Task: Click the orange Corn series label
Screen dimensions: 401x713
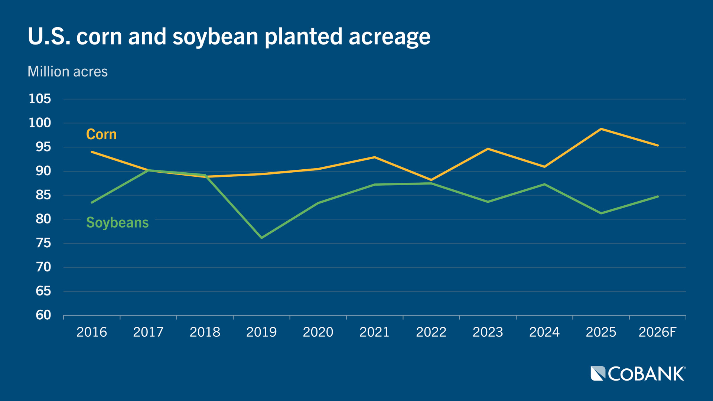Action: tap(101, 134)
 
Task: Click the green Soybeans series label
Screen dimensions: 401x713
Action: tap(117, 222)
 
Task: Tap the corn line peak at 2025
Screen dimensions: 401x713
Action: tap(601, 129)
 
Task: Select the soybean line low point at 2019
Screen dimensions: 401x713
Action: tap(261, 238)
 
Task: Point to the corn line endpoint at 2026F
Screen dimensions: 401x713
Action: tap(658, 146)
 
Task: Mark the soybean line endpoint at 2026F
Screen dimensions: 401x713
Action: tap(658, 196)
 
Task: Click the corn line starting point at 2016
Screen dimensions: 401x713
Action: tap(92, 152)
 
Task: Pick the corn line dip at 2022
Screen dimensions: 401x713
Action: tap(431, 180)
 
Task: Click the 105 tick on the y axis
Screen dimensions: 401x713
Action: tap(40, 99)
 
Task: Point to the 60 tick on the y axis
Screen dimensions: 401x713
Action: tap(43, 315)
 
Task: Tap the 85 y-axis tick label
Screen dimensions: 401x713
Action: tap(43, 195)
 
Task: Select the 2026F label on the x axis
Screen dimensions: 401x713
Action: tap(657, 332)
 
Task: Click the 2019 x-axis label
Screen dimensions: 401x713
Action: tap(261, 332)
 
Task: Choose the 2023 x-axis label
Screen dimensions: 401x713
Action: tap(488, 332)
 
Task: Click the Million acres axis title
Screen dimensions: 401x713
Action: tap(68, 71)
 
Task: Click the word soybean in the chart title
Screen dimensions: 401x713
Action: tap(215, 37)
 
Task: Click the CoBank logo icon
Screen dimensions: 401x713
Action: tap(598, 374)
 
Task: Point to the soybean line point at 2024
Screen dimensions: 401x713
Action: tap(544, 184)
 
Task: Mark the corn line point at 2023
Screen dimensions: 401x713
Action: tap(488, 149)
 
